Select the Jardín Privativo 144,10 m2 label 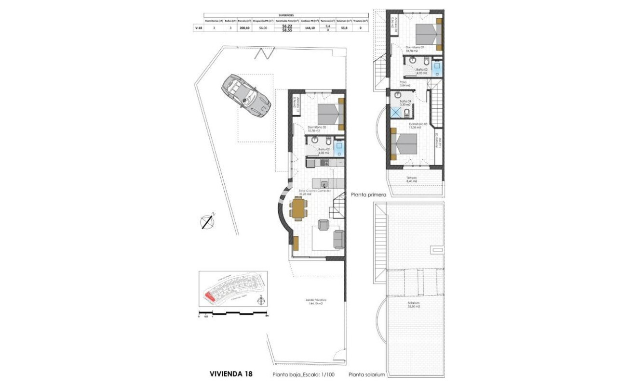pyautogui.click(x=313, y=302)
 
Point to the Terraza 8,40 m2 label pyautogui.click(x=411, y=179)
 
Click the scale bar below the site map pyautogui.click(x=233, y=313)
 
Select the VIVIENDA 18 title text pyautogui.click(x=230, y=373)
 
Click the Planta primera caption pyautogui.click(x=368, y=195)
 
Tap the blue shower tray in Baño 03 pyautogui.click(x=395, y=112)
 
